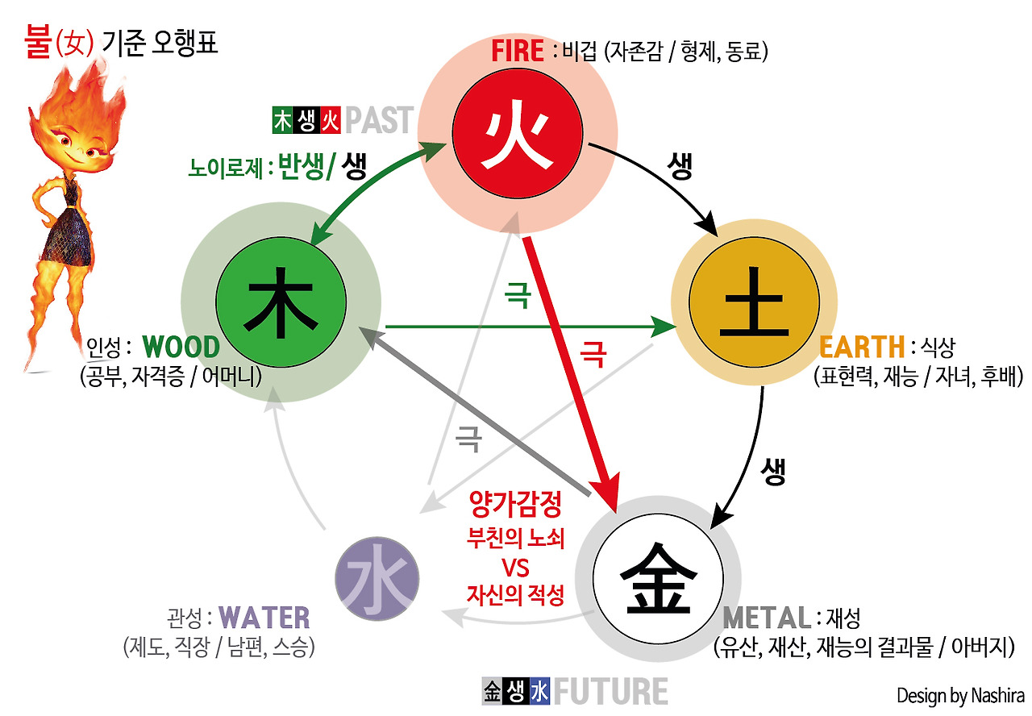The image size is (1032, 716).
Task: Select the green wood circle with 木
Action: (280, 303)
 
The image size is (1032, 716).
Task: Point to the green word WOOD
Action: (181, 348)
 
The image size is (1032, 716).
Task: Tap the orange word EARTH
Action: (862, 348)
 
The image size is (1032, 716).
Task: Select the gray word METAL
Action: (767, 618)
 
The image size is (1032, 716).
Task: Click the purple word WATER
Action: (264, 618)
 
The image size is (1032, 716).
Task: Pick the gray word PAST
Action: (379, 121)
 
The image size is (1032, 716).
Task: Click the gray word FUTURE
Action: (610, 692)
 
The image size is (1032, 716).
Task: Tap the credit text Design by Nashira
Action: (959, 695)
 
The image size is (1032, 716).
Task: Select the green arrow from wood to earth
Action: (524, 327)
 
